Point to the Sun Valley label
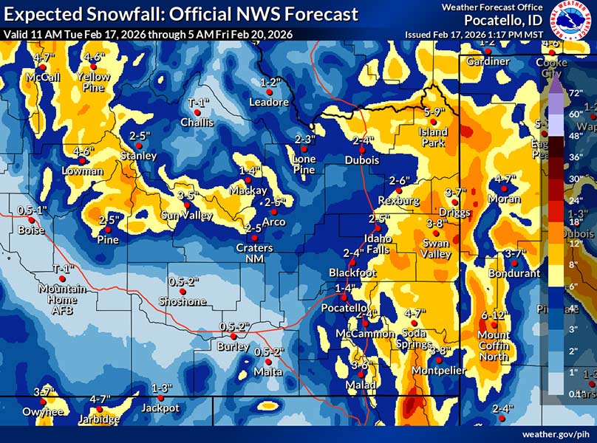[188, 216]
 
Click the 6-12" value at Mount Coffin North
[493, 316]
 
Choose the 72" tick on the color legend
[575, 93]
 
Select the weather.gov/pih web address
[559, 434]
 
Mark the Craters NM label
[254, 253]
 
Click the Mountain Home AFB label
[62, 295]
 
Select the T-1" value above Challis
[198, 103]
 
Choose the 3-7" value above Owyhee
[44, 391]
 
